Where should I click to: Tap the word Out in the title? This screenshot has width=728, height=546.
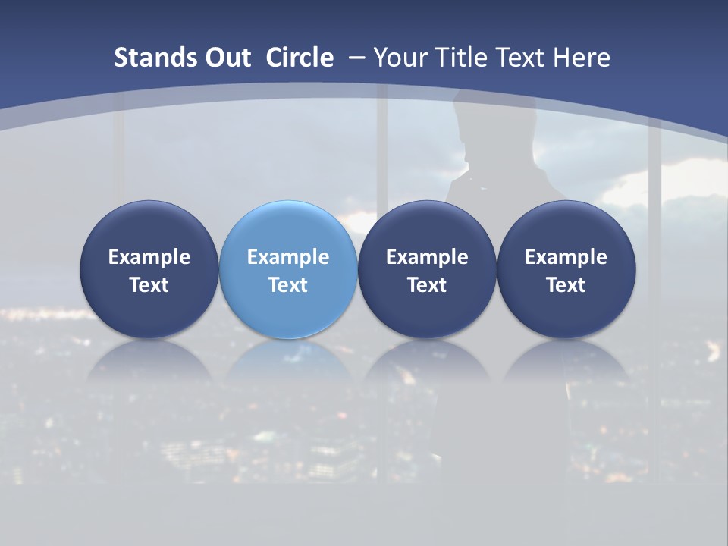(x=228, y=58)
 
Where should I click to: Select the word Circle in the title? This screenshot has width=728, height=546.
(x=299, y=58)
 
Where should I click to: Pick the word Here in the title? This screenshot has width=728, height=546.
(x=582, y=58)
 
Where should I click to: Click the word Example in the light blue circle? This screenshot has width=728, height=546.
(x=288, y=257)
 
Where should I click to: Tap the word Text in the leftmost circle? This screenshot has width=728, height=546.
(x=149, y=285)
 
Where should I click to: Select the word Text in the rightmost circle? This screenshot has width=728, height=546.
(x=566, y=285)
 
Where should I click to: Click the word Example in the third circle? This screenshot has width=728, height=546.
(x=427, y=257)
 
